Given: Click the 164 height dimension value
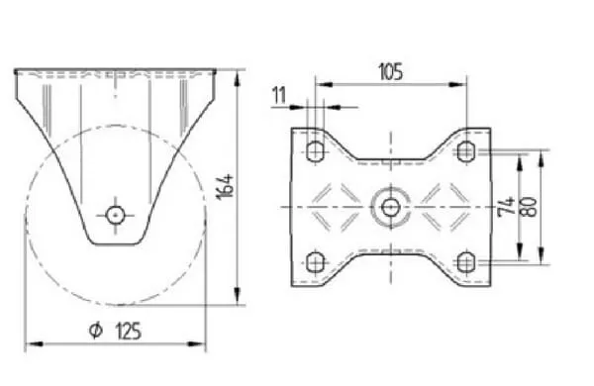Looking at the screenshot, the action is click(x=225, y=186).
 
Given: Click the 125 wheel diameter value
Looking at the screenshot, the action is click(x=128, y=332).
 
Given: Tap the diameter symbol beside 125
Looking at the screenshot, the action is click(x=96, y=330).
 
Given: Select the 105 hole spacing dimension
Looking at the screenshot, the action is click(x=391, y=72).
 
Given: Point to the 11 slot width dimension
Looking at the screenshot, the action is click(x=280, y=95).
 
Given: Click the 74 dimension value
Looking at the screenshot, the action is click(x=507, y=207).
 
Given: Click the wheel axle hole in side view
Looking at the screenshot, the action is click(x=115, y=216).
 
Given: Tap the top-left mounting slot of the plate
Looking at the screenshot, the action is click(x=315, y=151).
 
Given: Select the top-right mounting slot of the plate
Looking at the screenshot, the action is click(x=465, y=151).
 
